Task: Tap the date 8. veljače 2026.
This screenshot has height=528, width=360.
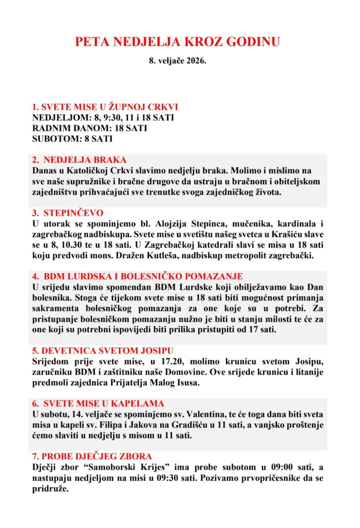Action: coord(177,61)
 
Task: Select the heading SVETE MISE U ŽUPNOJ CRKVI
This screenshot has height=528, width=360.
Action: coord(105,107)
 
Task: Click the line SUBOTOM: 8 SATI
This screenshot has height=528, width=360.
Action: coord(72,139)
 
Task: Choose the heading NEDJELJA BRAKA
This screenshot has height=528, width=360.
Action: coord(85,160)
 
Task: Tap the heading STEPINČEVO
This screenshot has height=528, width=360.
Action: coord(73,213)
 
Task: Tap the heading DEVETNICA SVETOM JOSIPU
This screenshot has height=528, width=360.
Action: coord(103,351)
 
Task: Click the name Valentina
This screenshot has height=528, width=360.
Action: coord(205,415)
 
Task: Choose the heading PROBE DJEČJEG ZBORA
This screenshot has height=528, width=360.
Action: coord(92,457)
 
